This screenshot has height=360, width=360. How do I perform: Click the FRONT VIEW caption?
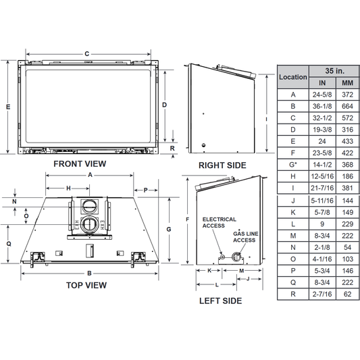[x=80, y=164]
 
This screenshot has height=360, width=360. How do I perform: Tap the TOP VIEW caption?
[x=86, y=286]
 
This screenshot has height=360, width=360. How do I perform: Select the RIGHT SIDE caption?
[x=222, y=165]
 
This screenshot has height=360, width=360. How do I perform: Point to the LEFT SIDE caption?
[x=220, y=301]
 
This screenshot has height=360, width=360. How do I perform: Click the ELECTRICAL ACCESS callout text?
[x=220, y=222]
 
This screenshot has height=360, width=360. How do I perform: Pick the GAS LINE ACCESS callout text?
[x=246, y=237]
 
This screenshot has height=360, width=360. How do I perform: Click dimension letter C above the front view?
[x=86, y=54]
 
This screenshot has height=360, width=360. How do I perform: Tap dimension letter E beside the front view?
[x=8, y=107]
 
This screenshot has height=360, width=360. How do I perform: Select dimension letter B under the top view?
[x=89, y=274]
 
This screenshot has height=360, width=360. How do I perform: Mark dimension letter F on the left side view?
[x=187, y=220]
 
